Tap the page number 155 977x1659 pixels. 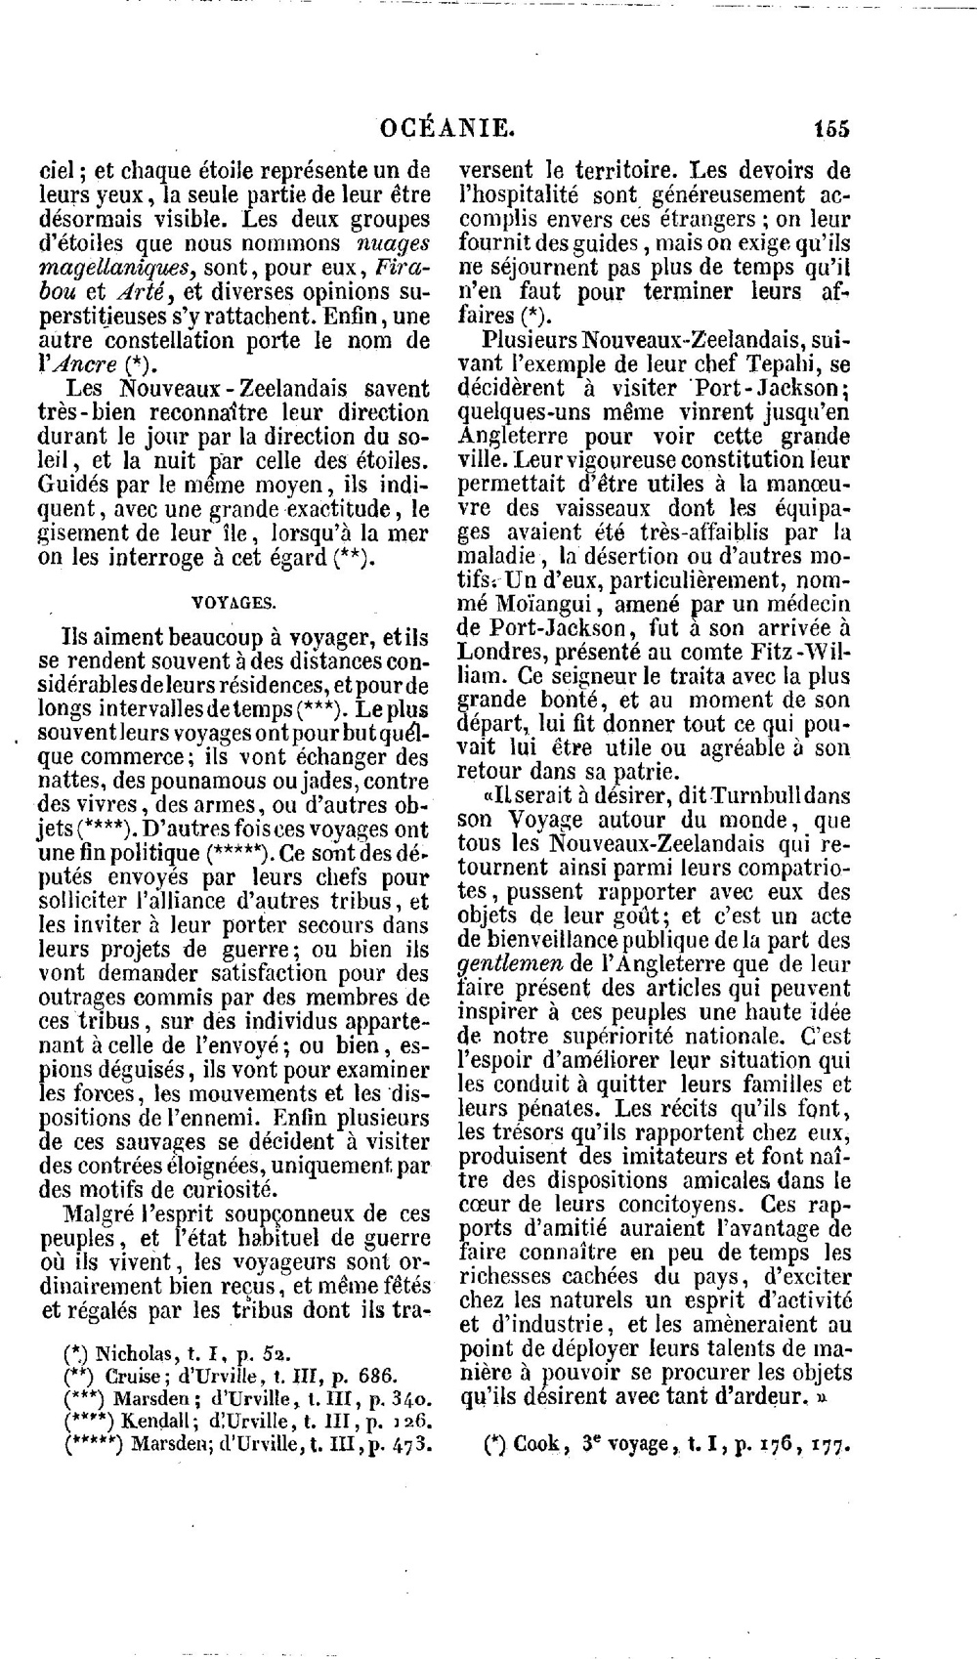pos(830,128)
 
